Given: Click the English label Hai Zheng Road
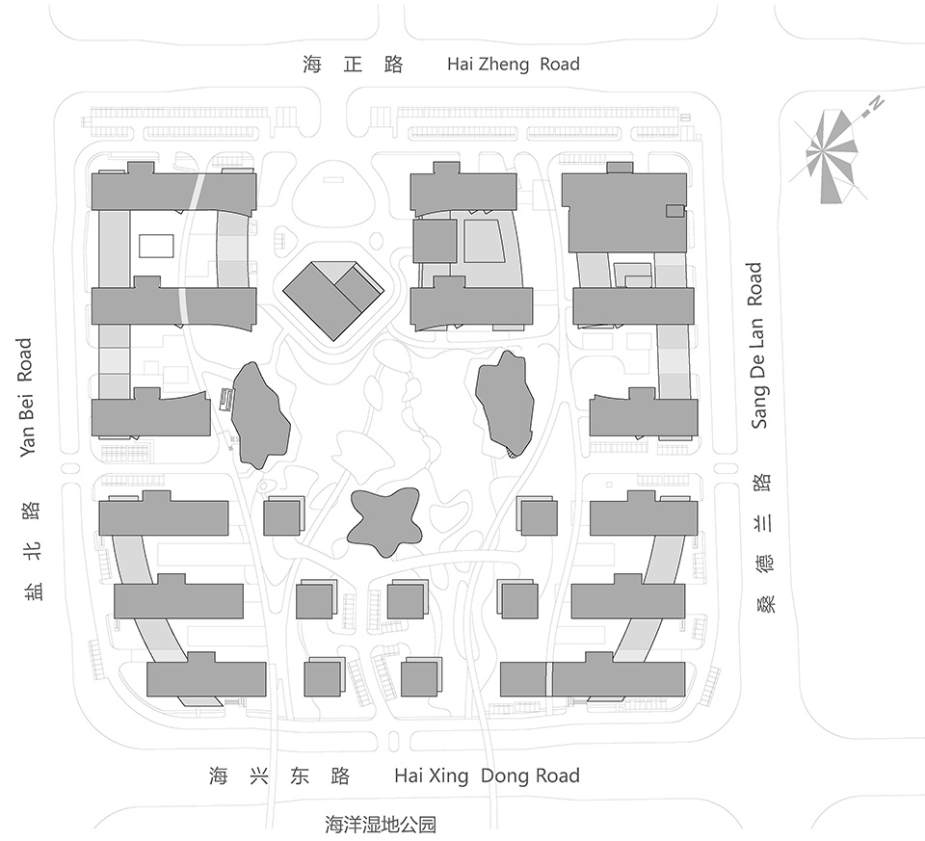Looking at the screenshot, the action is (514, 64).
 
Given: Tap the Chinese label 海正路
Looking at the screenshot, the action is (353, 64).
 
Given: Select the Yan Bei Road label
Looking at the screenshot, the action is (25, 397).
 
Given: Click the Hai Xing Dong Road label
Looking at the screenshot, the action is (488, 775).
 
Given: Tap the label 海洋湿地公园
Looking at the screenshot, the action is (381, 824).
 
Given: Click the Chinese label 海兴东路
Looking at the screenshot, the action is (279, 775).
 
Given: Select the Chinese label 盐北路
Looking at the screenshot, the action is (33, 550).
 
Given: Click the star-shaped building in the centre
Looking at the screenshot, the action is (384, 522).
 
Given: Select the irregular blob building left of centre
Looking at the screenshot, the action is (259, 414).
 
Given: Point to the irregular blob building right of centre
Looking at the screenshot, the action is (505, 404).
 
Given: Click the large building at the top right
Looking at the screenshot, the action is (624, 211).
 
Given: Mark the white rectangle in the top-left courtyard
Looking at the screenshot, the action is (156, 246).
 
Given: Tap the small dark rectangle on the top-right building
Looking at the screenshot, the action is (674, 211).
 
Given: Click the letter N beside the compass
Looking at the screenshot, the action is (877, 104).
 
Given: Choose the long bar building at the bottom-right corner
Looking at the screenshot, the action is (593, 677).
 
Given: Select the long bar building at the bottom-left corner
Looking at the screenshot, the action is (206, 677).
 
